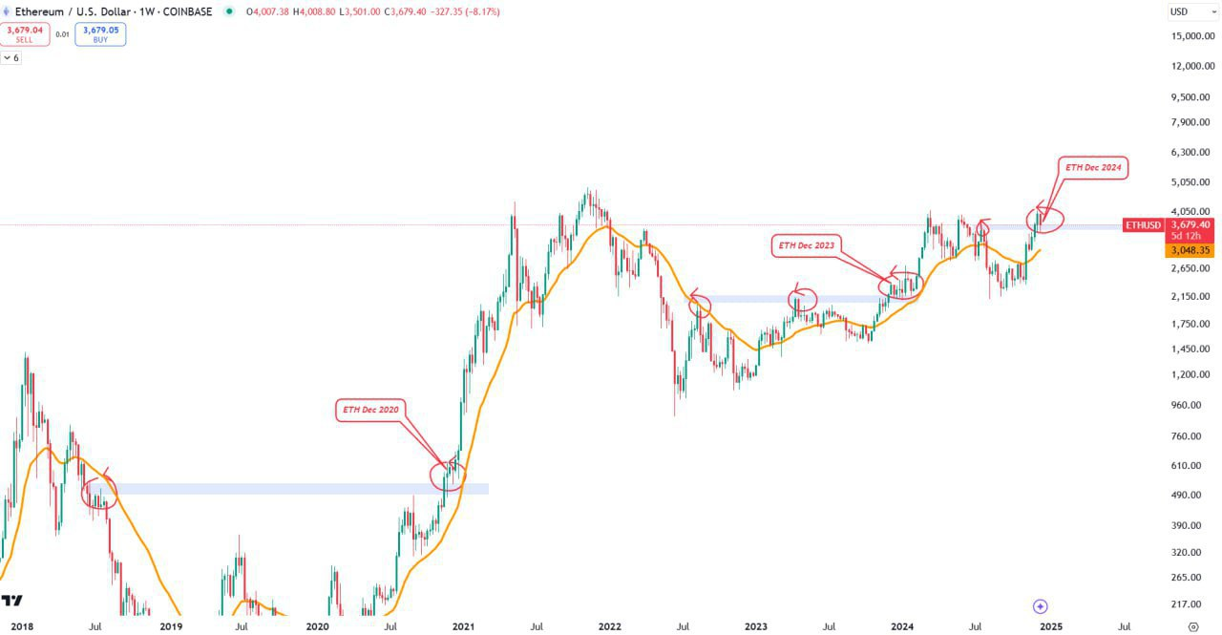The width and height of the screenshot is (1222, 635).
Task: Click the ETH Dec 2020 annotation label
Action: pos(370,411)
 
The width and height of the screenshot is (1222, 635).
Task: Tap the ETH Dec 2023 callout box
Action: pos(806,245)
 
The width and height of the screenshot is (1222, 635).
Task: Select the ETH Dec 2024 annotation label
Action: pos(1093,167)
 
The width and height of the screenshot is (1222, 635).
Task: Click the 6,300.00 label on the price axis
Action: pos(1189,152)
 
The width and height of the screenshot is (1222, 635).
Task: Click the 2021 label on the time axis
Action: pos(464,627)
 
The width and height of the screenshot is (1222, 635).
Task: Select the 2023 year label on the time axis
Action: pos(756,627)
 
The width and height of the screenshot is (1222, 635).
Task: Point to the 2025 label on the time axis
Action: pos(1050,627)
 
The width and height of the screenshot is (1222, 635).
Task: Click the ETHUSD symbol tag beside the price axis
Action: pos(1143,225)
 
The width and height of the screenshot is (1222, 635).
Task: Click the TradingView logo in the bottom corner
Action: pos(12,601)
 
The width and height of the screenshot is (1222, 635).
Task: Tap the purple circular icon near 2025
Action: pos(1041,606)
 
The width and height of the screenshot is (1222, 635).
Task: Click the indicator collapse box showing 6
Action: pos(11,58)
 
